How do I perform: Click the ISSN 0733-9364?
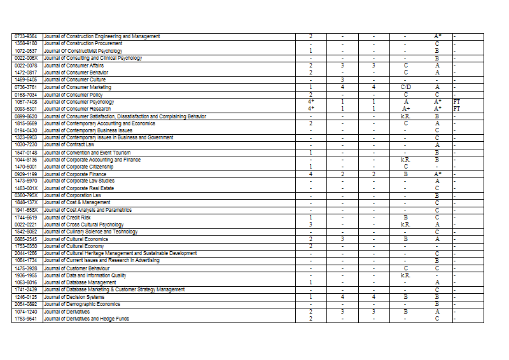pyautogui.click(x=25, y=36)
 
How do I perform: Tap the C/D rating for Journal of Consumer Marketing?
pyautogui.click(x=405, y=87)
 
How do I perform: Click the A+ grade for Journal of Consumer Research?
pyautogui.click(x=405, y=109)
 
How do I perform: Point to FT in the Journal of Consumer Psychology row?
pyautogui.click(x=456, y=102)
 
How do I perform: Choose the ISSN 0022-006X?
pyautogui.click(x=25, y=58)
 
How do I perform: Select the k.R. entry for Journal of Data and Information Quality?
pyautogui.click(x=405, y=275)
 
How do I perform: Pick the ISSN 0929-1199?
pyautogui.click(x=25, y=174)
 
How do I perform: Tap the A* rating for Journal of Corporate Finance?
pyautogui.click(x=438, y=174)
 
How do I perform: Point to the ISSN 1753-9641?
pyautogui.click(x=25, y=319)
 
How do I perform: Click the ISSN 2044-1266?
pyautogui.click(x=25, y=253)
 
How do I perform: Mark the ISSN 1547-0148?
pyautogui.click(x=25, y=153)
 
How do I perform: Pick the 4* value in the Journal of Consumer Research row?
pyautogui.click(x=310, y=109)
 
